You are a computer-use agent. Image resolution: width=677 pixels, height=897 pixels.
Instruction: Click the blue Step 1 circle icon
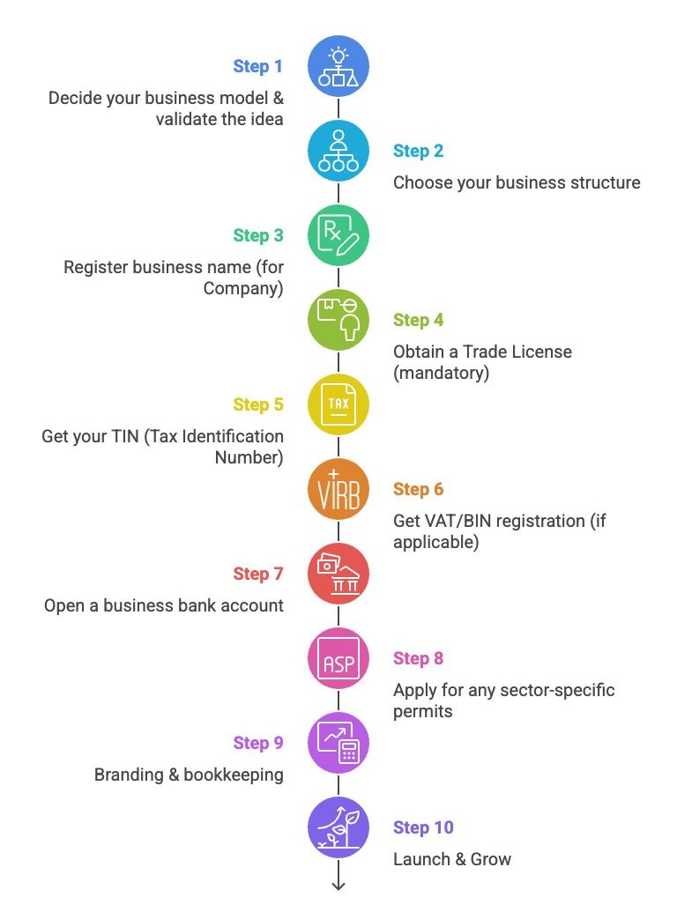(338, 67)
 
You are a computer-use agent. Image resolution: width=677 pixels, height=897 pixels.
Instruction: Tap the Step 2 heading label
(418, 151)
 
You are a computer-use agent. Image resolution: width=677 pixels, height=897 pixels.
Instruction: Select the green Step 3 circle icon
(338, 235)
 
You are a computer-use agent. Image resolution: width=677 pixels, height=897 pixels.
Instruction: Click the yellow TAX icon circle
(338, 405)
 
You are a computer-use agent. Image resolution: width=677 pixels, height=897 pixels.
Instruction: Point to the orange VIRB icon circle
(338, 490)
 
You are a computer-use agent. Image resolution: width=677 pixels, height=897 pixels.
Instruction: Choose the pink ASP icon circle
(338, 659)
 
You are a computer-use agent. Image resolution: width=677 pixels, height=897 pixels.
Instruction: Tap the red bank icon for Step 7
(338, 575)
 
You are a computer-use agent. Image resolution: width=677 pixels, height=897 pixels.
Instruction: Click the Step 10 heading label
(423, 827)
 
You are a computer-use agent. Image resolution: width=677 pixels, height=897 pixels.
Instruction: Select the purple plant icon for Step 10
(338, 828)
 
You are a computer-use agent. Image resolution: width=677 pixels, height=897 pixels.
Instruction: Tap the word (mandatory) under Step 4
(441, 373)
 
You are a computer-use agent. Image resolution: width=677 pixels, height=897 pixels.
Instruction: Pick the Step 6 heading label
(418, 489)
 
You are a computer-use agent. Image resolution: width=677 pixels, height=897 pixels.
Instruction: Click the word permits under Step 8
(422, 711)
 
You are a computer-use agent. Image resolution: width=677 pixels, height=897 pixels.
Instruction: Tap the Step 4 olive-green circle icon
(338, 321)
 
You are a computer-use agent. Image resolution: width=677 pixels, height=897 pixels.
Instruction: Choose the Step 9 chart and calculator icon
(338, 744)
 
